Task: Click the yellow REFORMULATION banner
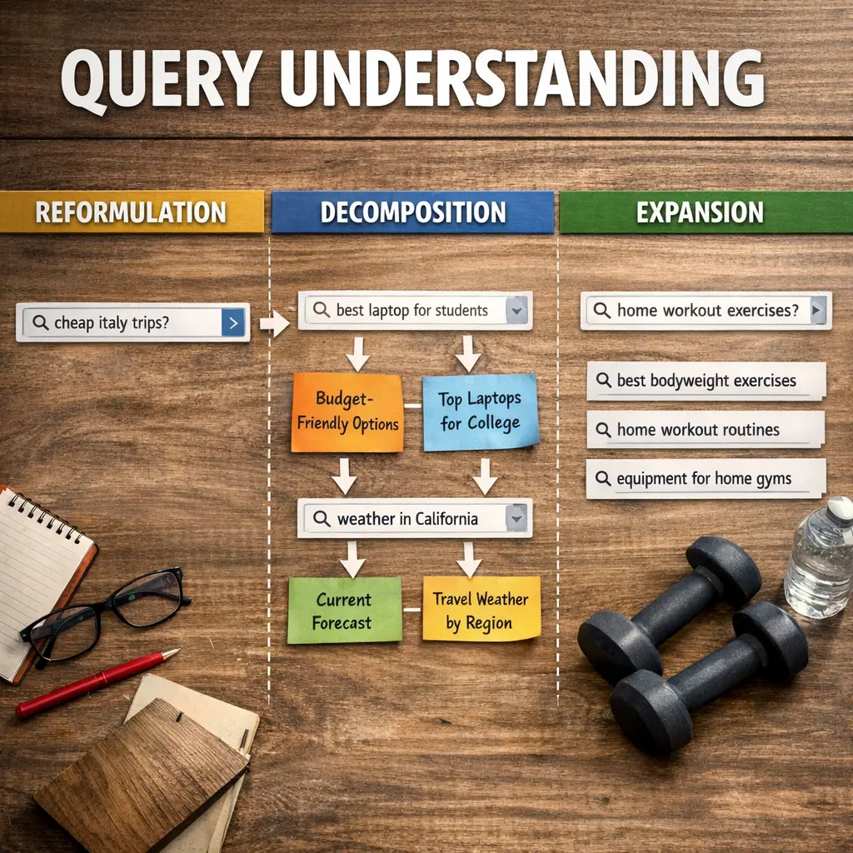(132, 212)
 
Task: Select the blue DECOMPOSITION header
(412, 212)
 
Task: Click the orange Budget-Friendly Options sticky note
(347, 412)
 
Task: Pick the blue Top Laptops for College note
(480, 412)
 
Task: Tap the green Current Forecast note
(344, 611)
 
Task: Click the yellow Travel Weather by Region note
(481, 610)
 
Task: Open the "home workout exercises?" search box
(706, 311)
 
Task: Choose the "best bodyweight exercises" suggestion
(706, 382)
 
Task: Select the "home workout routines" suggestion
(705, 430)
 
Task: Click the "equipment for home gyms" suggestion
(705, 479)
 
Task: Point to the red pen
(97, 682)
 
